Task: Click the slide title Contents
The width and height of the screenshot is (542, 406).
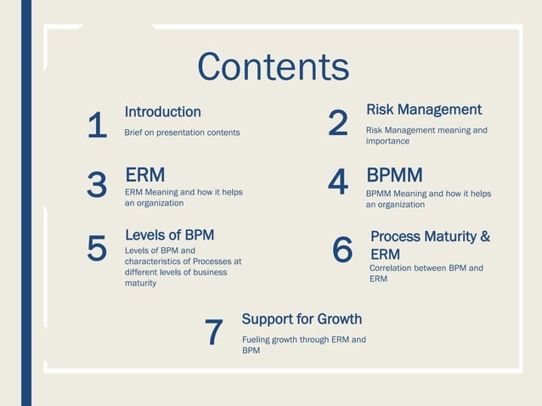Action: point(273,67)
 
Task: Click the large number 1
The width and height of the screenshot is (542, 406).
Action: point(97,127)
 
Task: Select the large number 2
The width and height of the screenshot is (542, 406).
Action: point(337,124)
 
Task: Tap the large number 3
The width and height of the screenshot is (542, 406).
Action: point(97,184)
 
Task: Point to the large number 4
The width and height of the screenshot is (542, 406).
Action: point(337,182)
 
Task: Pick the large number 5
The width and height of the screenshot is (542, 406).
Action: point(97,249)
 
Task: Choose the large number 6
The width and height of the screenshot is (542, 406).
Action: point(342,250)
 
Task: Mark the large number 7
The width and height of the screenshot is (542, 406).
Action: point(214,333)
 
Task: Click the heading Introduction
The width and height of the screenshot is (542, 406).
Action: point(162,112)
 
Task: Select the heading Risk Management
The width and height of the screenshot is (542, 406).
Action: point(423,110)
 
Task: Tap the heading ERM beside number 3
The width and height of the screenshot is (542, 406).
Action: point(144,175)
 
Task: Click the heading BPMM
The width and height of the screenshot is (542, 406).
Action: point(394,175)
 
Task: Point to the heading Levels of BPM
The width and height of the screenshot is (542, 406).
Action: point(169,234)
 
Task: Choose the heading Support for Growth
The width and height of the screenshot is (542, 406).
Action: point(302,319)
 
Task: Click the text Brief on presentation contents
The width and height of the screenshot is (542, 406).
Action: point(182,133)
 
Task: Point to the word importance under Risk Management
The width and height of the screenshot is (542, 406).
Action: point(387,141)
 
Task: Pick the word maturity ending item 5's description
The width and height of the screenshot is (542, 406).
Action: point(141,283)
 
